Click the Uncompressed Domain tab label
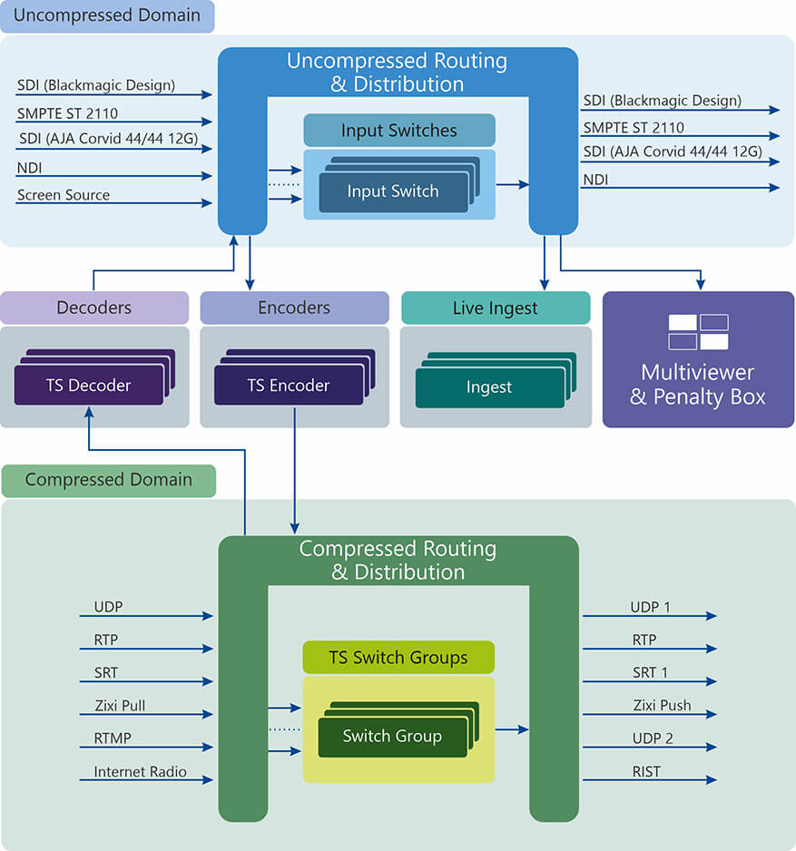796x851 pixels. tap(107, 16)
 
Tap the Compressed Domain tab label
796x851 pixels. tap(109, 480)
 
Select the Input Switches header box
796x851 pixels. tap(399, 131)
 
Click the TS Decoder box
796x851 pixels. tap(89, 386)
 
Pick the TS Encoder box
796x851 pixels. tap(290, 386)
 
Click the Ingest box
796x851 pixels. tap(489, 387)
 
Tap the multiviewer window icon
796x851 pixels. tap(698, 332)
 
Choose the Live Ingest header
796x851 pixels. tap(496, 308)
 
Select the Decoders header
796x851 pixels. tap(94, 308)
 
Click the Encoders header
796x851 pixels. tap(294, 308)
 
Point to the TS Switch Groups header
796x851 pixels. tap(398, 658)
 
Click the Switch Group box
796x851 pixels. tap(392, 736)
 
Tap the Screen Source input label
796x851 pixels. tap(64, 195)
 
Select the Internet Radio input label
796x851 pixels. tap(141, 772)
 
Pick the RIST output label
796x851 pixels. tap(647, 772)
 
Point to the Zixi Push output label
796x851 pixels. tap(662, 705)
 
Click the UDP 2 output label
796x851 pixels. tap(652, 739)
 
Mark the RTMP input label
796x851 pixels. tap(113, 739)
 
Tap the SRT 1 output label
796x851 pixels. tap(650, 672)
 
